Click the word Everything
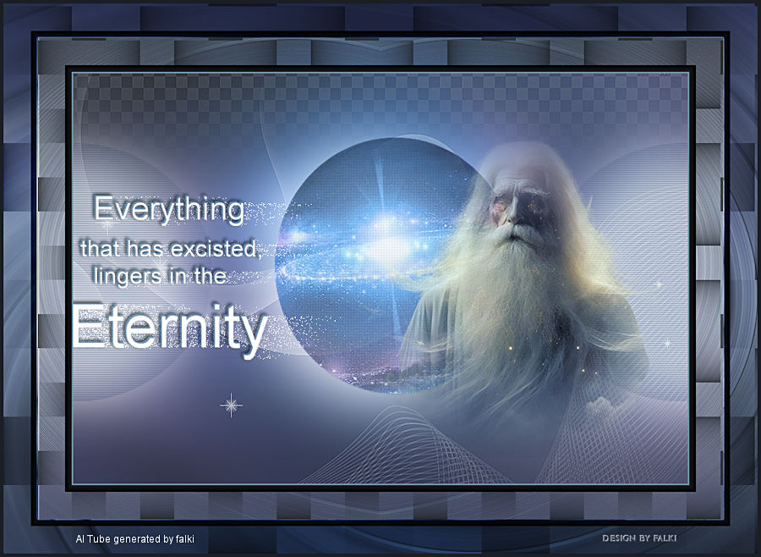(x=168, y=209)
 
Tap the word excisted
(x=216, y=249)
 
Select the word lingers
(x=128, y=276)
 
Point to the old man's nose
(x=511, y=215)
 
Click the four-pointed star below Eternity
(x=231, y=405)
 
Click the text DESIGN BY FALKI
(x=639, y=538)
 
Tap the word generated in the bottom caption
(x=137, y=539)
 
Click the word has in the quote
(x=147, y=248)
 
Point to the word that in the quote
(x=102, y=248)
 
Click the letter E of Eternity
(x=88, y=326)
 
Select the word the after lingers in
(x=211, y=276)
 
